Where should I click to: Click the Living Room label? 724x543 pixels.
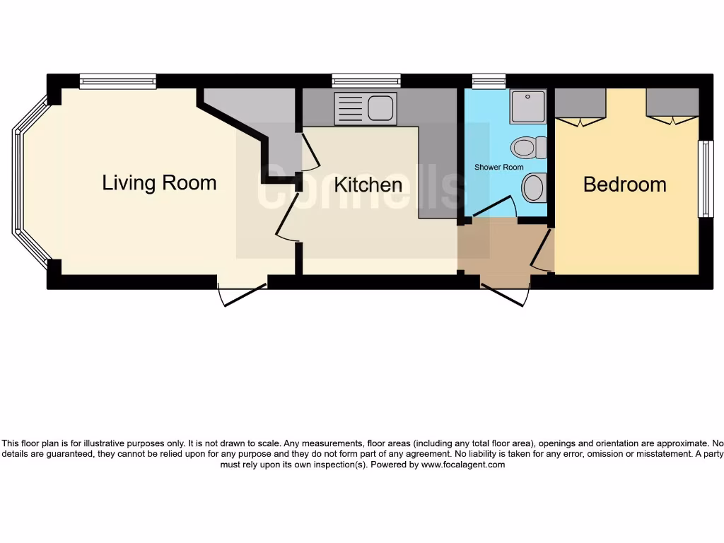pos(159,182)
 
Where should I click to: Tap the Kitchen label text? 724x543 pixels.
pos(368,185)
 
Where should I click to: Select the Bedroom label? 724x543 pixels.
pos(624,185)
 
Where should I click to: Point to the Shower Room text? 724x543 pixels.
pos(498,168)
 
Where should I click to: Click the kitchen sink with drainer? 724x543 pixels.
pos(365,108)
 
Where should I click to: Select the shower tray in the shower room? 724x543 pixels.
pos(528,106)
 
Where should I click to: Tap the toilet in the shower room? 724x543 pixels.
pos(529,148)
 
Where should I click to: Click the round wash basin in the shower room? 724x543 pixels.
pos(534,188)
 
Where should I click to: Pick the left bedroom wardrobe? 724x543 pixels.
pos(580,105)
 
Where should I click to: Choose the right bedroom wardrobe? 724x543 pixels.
pos(672,105)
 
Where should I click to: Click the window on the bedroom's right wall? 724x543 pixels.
pos(704,179)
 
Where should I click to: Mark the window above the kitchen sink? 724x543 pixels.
pos(366,81)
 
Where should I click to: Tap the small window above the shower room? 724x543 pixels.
pos(489,81)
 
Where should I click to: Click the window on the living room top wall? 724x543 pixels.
pos(117,81)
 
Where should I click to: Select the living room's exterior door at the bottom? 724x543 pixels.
pos(242,293)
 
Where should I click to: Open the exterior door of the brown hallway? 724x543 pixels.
pos(505,293)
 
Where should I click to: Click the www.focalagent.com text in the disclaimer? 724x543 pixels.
pos(464,465)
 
